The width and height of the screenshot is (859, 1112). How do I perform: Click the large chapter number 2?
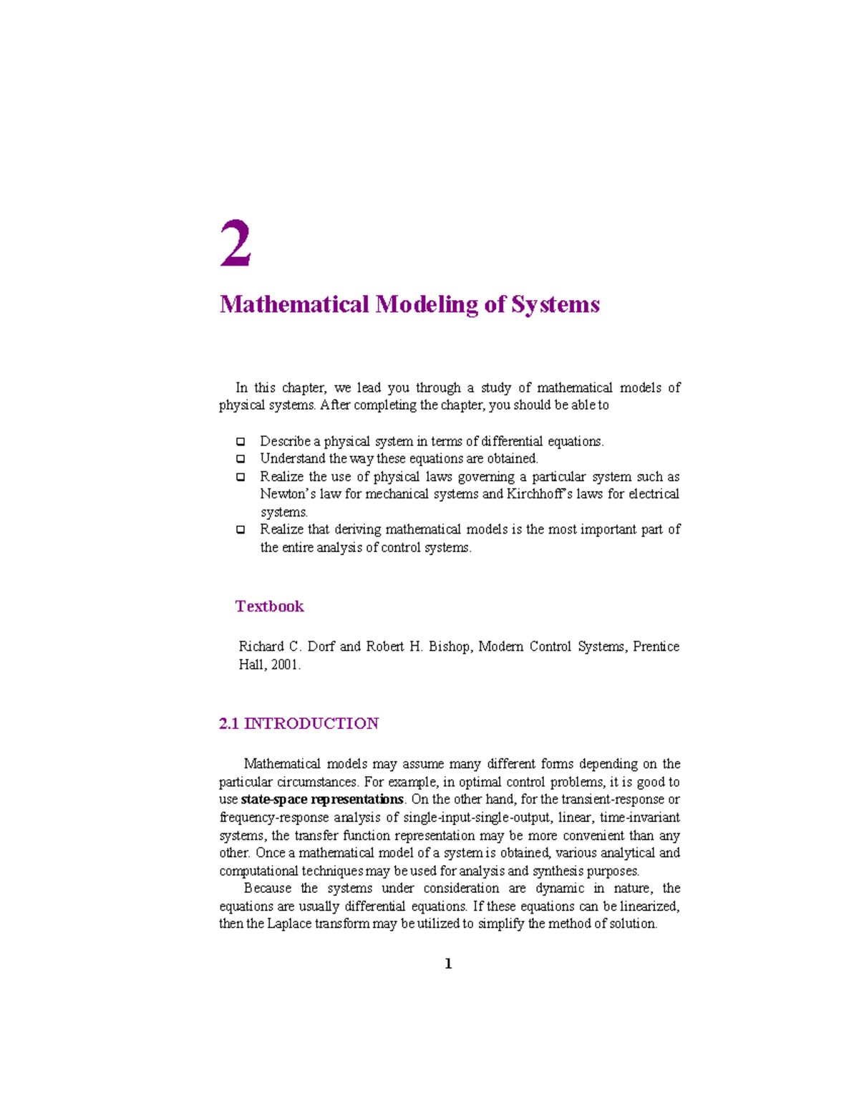(236, 244)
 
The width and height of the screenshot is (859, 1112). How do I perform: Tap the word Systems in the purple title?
(555, 305)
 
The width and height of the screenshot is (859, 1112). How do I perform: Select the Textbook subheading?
(269, 606)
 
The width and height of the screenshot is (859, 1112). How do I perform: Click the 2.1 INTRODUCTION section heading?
(299, 724)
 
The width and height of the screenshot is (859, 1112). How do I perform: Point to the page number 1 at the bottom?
(448, 964)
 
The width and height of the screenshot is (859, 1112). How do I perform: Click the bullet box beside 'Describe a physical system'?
(241, 442)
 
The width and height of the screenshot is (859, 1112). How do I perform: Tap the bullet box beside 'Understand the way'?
(241, 459)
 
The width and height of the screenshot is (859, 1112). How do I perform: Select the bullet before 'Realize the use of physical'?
(241, 477)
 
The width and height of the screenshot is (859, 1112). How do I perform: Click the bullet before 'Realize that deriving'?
(241, 530)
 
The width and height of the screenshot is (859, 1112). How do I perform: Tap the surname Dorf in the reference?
(321, 647)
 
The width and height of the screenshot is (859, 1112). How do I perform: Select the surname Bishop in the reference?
(450, 647)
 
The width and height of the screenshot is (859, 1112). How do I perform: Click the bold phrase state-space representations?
(322, 800)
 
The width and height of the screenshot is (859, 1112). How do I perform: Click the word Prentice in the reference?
(656, 647)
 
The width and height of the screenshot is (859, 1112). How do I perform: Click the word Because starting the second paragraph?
(267, 889)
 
